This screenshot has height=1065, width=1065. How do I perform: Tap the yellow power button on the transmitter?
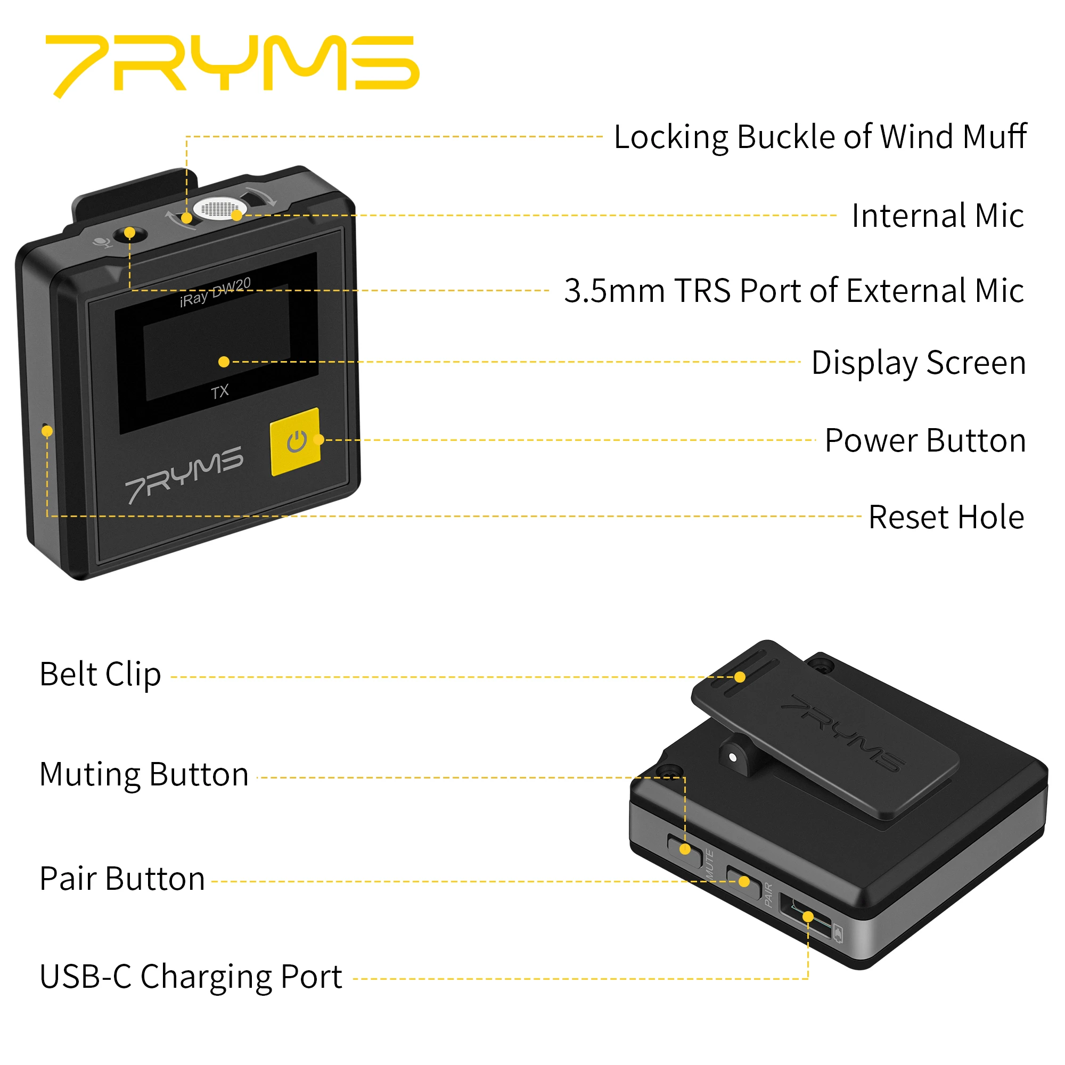(x=296, y=441)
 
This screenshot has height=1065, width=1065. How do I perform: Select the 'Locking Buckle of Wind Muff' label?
(x=820, y=137)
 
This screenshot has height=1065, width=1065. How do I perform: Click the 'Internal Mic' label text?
(x=937, y=216)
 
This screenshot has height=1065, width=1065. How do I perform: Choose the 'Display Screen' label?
(x=919, y=363)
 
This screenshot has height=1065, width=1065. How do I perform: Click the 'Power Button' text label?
(x=925, y=440)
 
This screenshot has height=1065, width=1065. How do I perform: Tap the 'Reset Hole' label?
(x=946, y=517)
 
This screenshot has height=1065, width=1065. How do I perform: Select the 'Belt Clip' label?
(x=100, y=675)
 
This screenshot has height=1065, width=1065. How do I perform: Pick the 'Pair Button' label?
(x=122, y=879)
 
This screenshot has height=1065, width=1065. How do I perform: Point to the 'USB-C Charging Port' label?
(x=191, y=977)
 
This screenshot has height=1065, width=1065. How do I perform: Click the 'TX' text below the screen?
(x=219, y=392)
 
